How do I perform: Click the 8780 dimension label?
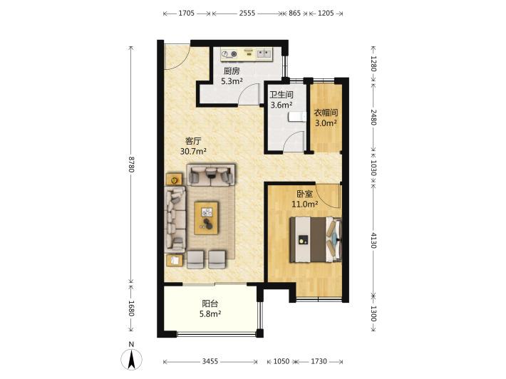(131, 165)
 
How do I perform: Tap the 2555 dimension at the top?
(247, 14)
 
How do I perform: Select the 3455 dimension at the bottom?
(210, 362)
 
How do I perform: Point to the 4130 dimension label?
(373, 240)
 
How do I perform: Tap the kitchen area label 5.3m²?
(232, 81)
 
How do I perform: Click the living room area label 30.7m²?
(193, 151)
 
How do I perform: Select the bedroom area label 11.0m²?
(305, 204)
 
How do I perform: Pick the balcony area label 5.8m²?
(210, 313)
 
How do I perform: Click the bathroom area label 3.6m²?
(282, 105)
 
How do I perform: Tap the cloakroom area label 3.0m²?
(326, 123)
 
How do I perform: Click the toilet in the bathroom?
(297, 117)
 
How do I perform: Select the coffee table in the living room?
(206, 218)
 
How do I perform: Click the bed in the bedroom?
(316, 239)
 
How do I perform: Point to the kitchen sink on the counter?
(264, 53)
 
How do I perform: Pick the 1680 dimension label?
(131, 308)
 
